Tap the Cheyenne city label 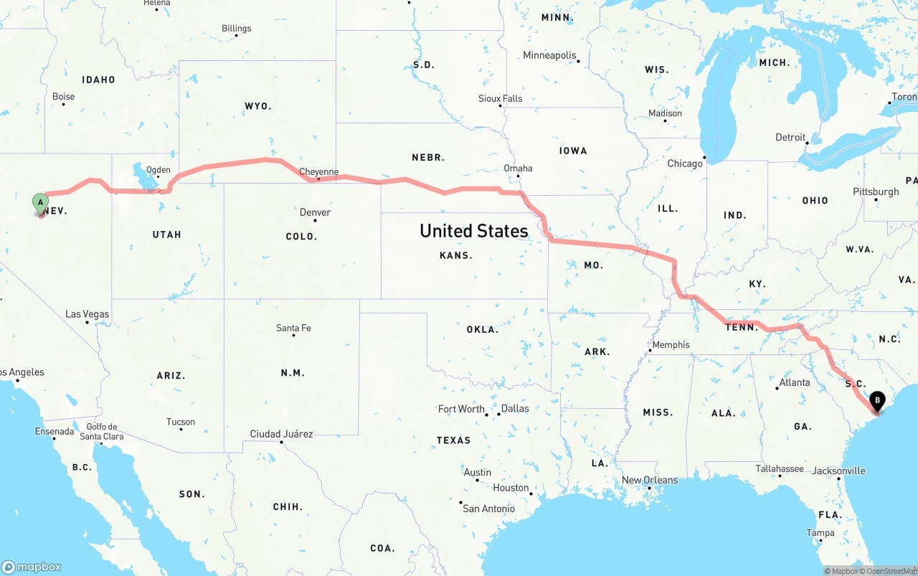(x=318, y=171)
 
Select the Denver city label (x=315, y=212)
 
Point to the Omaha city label (x=518, y=169)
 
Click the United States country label (x=473, y=231)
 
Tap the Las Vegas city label (x=87, y=314)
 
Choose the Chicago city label (x=685, y=164)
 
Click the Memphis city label (x=671, y=345)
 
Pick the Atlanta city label (x=795, y=382)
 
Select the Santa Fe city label (x=293, y=329)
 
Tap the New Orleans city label (x=649, y=480)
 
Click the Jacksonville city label (x=838, y=471)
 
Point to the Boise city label (x=63, y=97)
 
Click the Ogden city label (x=158, y=170)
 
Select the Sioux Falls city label (x=501, y=98)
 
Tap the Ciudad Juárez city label (x=281, y=434)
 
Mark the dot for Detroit (x=807, y=143)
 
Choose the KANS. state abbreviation (x=456, y=255)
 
